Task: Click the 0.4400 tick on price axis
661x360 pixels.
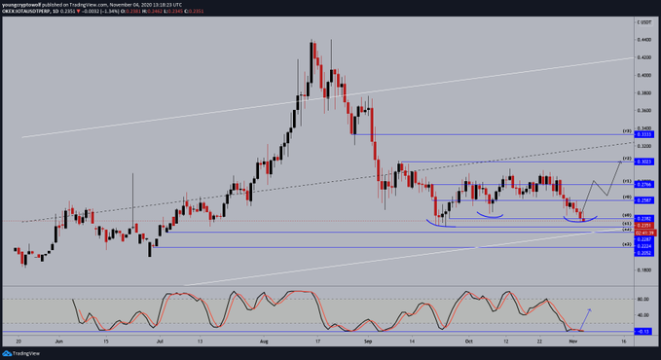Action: pos(643,40)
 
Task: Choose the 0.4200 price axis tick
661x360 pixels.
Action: pos(643,57)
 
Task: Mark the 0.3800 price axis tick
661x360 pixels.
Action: pos(643,93)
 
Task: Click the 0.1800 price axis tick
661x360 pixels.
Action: pos(643,270)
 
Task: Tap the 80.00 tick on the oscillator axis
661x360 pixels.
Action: pos(643,300)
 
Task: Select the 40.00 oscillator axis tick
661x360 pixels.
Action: pos(643,315)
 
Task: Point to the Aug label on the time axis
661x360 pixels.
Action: pos(264,343)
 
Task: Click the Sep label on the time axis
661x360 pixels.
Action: pos(368,343)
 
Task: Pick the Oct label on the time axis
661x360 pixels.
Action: pos(468,343)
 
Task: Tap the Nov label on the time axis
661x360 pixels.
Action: pos(574,343)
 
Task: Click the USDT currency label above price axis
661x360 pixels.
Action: pos(643,20)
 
